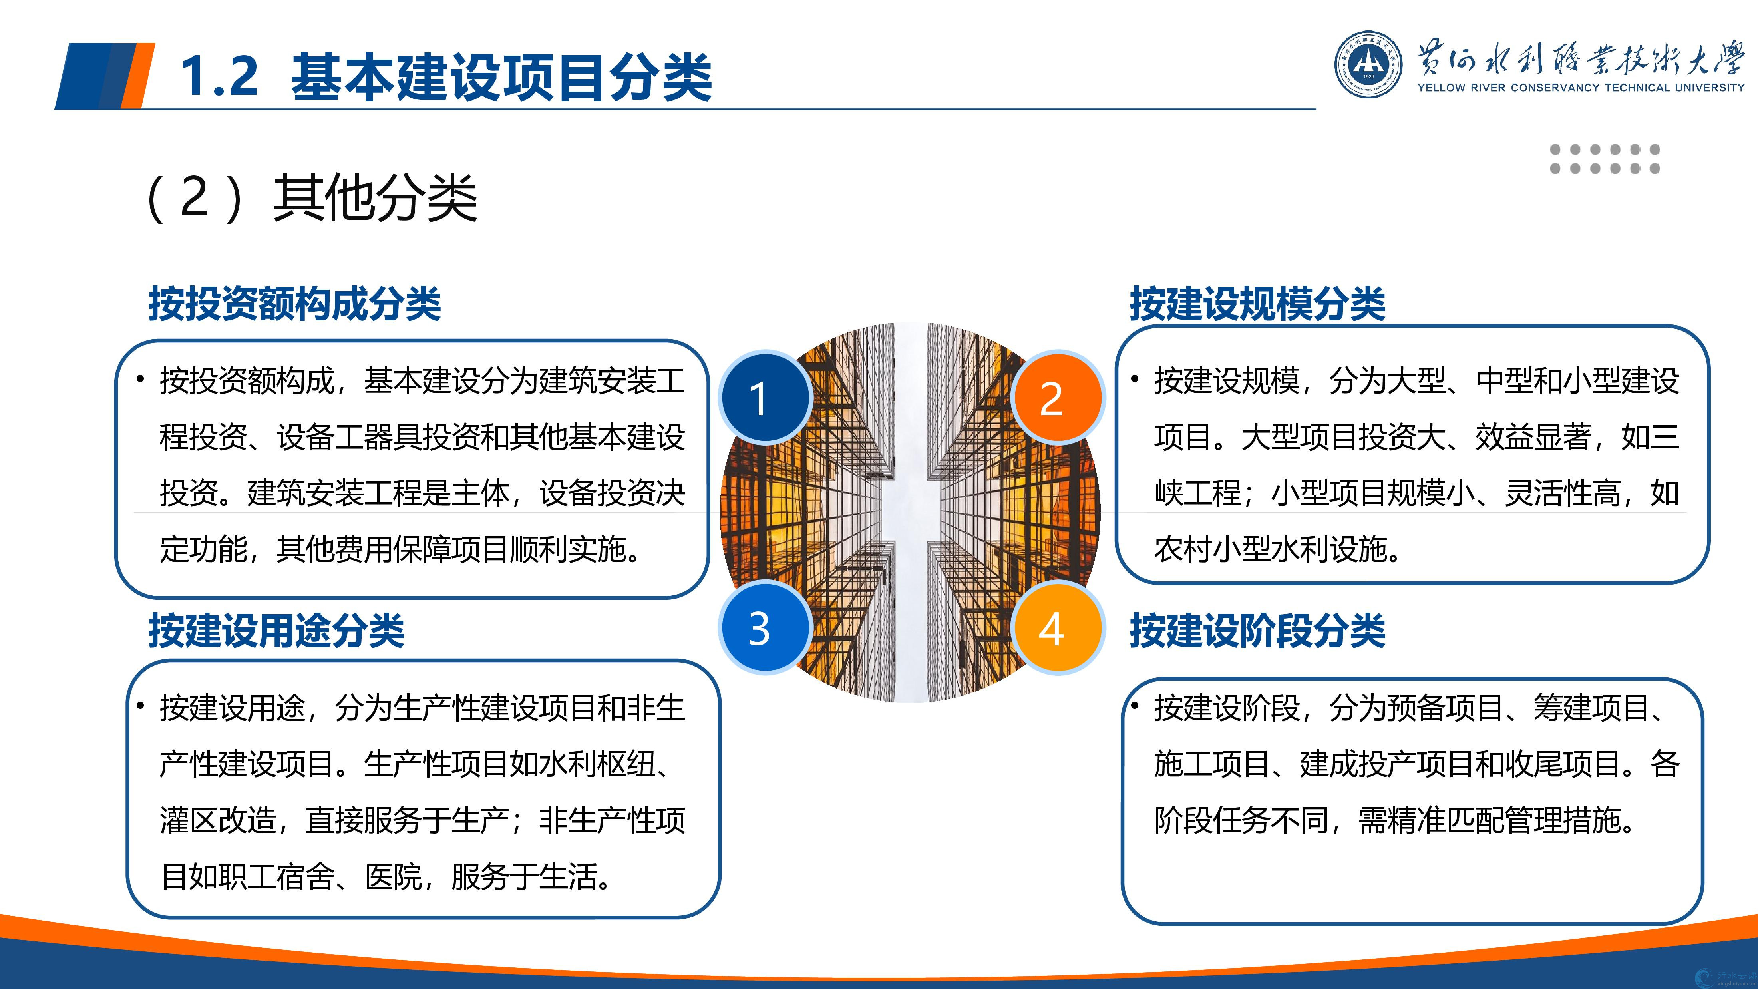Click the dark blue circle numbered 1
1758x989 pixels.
click(765, 397)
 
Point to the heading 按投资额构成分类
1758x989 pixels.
click(295, 304)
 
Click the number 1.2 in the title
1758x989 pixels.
click(220, 76)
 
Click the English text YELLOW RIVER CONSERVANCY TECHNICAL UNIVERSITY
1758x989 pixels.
click(1581, 88)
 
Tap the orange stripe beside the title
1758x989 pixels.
click(138, 76)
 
